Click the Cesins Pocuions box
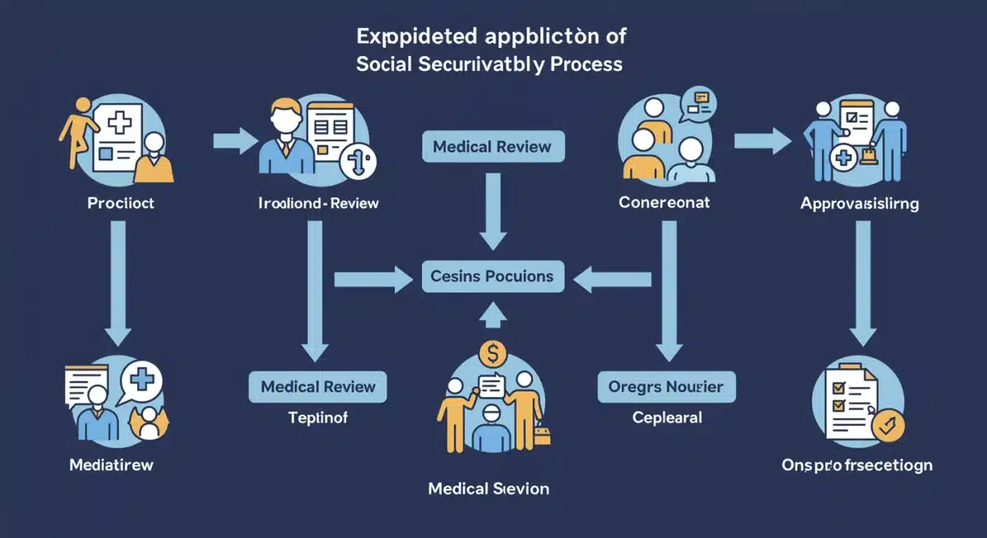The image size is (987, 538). pyautogui.click(x=492, y=276)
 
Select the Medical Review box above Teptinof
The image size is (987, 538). pyautogui.click(x=317, y=386)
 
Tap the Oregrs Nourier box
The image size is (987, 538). pyautogui.click(x=666, y=386)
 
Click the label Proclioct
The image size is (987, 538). pyautogui.click(x=120, y=202)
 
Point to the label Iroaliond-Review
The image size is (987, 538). pyautogui.click(x=318, y=202)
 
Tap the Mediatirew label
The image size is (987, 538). pyautogui.click(x=111, y=465)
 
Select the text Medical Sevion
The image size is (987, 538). pyautogui.click(x=489, y=489)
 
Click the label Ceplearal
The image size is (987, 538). pyautogui.click(x=667, y=418)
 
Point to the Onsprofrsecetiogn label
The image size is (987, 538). pyautogui.click(x=857, y=465)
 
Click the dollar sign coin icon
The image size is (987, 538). pyautogui.click(x=493, y=355)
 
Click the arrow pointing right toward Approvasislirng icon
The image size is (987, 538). pyautogui.click(x=762, y=141)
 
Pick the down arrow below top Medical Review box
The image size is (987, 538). pyautogui.click(x=493, y=210)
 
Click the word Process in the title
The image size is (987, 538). pyautogui.click(x=587, y=63)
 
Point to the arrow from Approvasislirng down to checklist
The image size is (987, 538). pyautogui.click(x=863, y=280)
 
